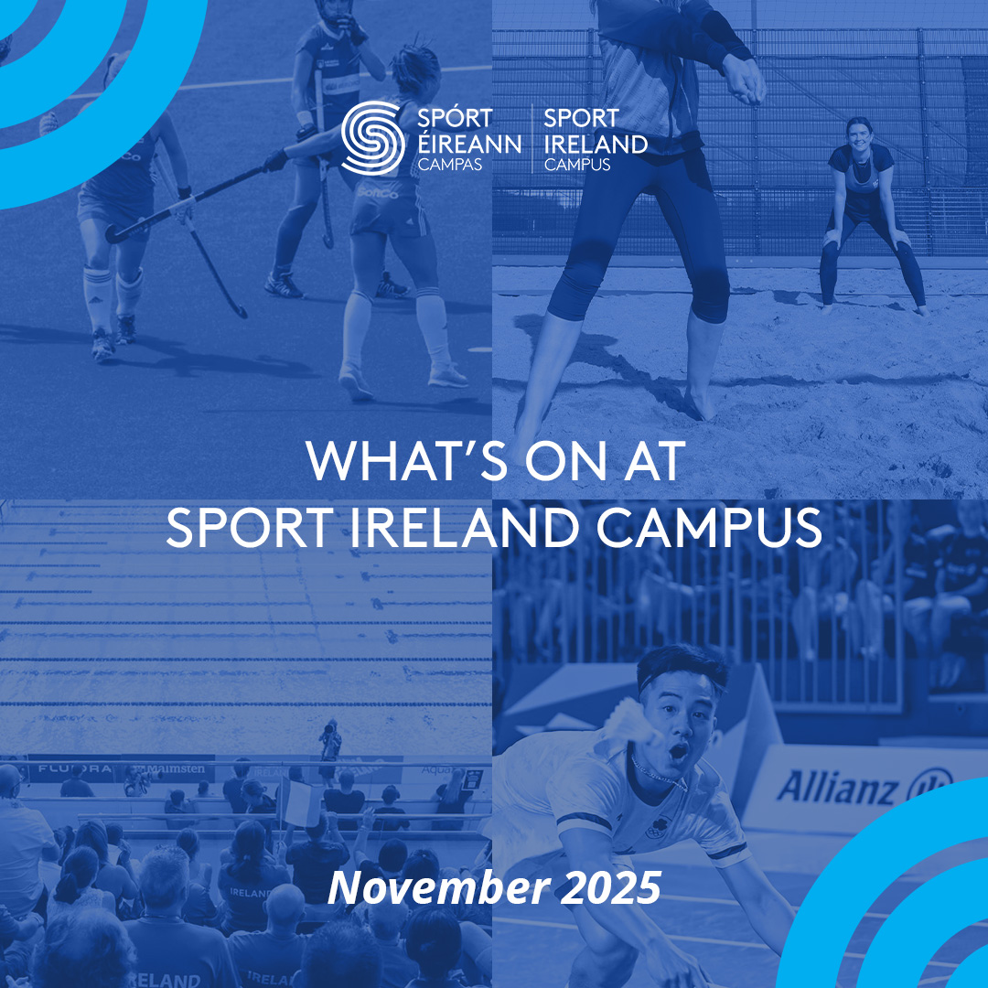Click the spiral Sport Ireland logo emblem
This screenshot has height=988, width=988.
[x=373, y=137]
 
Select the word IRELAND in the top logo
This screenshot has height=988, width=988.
[x=596, y=144]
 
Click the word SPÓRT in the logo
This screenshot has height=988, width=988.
[x=455, y=119]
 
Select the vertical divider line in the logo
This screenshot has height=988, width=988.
[x=533, y=138]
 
